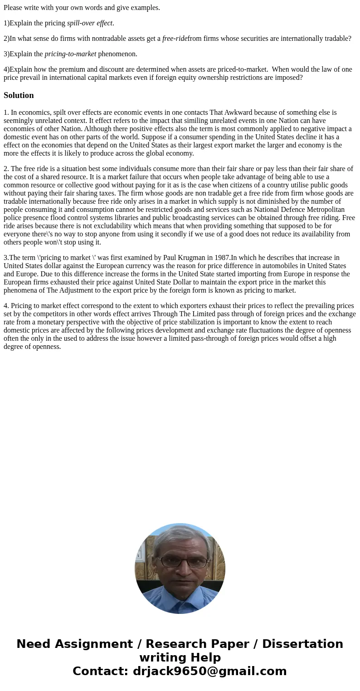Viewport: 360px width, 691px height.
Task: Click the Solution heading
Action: [x=19, y=95]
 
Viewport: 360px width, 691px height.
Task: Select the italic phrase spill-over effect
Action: [x=90, y=23]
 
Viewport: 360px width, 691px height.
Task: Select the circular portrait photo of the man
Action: [x=180, y=568]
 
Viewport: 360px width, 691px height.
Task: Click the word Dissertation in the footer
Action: [x=302, y=644]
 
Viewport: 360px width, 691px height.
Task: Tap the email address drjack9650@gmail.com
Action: [x=209, y=671]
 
